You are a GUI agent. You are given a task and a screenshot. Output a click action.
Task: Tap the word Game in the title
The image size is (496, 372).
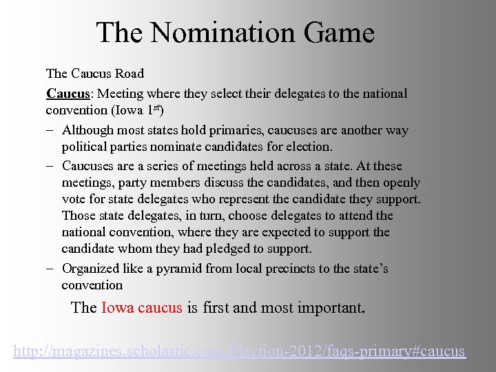339,32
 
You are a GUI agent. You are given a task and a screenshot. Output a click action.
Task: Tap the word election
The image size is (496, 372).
307,147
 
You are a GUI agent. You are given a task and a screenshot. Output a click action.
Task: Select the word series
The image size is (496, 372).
167,166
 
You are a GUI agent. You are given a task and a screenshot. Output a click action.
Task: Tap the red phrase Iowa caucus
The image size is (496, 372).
142,307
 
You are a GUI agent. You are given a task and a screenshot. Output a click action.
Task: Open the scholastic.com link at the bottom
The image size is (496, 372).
240,351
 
